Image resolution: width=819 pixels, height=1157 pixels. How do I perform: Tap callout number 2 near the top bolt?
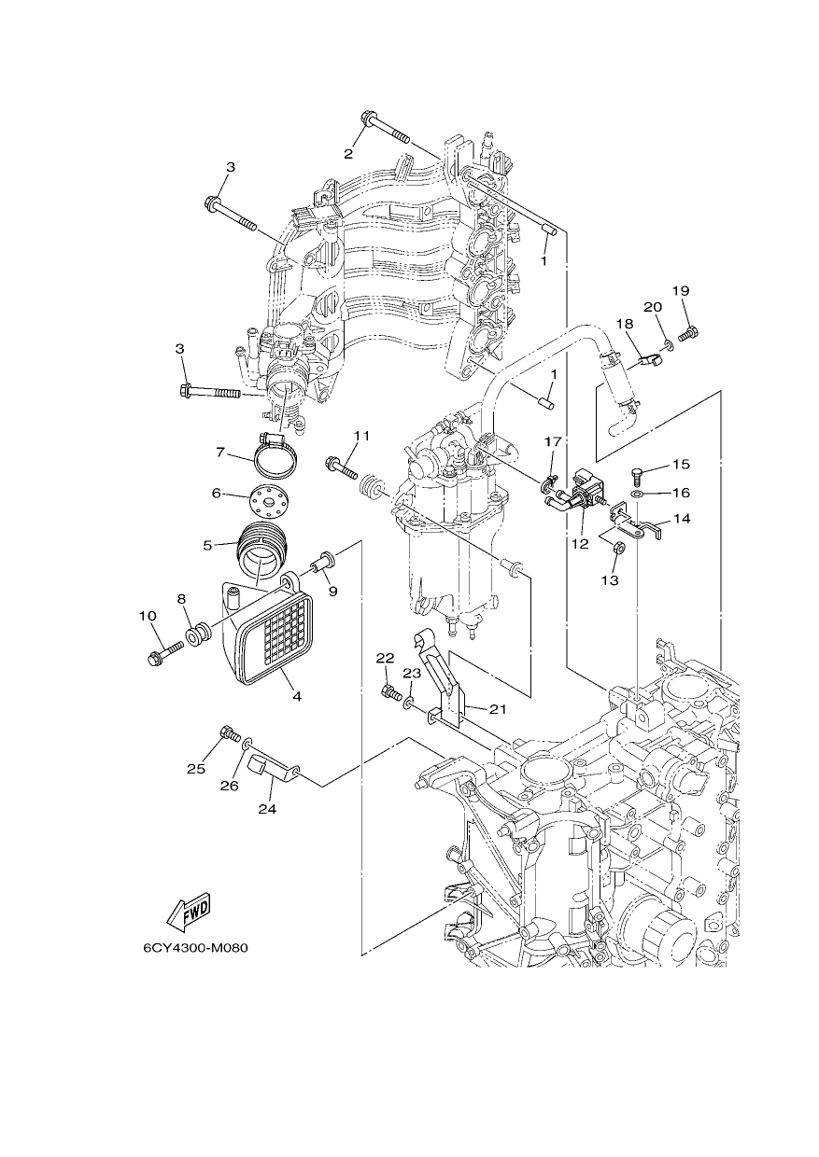click(x=348, y=153)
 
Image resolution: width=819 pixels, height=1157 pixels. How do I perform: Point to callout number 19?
click(x=681, y=291)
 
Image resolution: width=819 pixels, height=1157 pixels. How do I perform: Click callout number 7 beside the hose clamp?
click(x=220, y=453)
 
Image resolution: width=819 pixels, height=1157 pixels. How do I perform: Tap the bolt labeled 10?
click(x=165, y=653)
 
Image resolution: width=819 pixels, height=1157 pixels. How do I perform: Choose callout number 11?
click(x=361, y=436)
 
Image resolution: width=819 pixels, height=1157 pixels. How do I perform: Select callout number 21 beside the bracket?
click(x=498, y=709)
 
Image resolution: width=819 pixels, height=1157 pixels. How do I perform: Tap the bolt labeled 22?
click(x=392, y=692)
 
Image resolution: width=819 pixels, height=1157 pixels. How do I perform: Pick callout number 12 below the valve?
click(x=580, y=543)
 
